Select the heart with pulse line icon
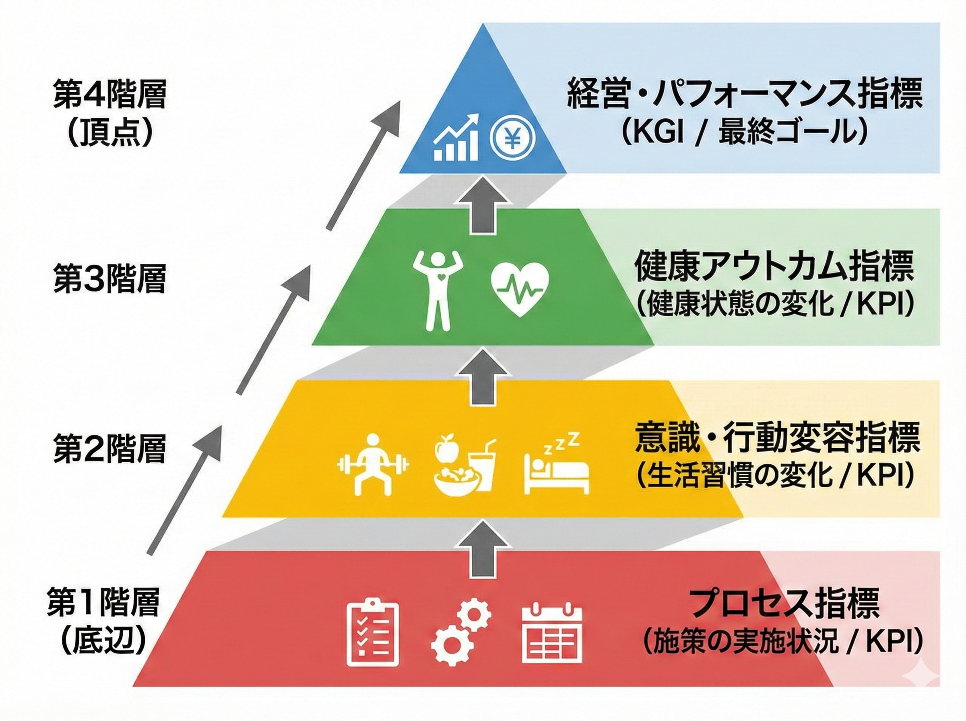click(520, 288)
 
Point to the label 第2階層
click(109, 448)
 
